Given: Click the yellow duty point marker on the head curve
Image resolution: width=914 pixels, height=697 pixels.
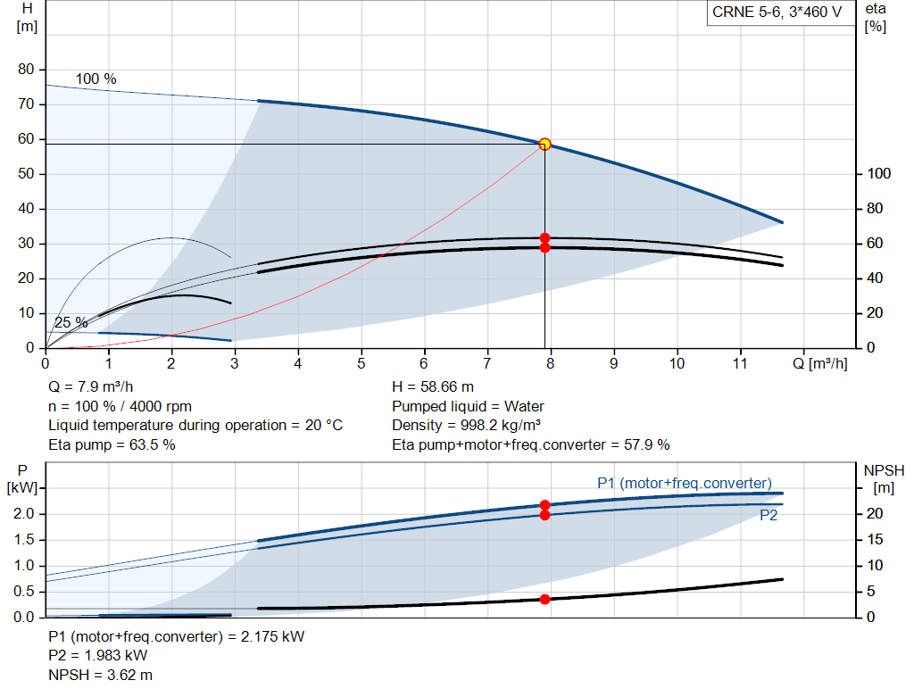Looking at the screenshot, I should [544, 144].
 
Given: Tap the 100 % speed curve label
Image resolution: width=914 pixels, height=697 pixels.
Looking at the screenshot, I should [96, 79].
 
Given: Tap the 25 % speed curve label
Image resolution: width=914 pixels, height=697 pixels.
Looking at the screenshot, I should [71, 322].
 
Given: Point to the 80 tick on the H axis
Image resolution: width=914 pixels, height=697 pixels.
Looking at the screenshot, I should [25, 70].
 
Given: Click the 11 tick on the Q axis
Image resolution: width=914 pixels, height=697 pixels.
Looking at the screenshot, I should [740, 364].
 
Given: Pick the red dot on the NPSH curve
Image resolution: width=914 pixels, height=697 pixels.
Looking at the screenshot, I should [544, 599].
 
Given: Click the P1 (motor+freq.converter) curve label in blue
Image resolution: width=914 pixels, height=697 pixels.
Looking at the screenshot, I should [684, 483].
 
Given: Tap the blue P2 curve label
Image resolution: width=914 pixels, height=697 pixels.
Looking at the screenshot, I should [769, 515].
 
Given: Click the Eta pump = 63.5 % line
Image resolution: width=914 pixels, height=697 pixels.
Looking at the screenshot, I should [112, 444].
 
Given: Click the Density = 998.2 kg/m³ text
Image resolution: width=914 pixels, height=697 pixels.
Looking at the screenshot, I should [467, 425].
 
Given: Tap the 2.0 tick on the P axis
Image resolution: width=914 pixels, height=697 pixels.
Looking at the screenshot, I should [23, 514].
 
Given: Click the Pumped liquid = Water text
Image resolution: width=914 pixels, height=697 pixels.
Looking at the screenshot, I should [469, 406].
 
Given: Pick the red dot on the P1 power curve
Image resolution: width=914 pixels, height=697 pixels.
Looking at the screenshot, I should [544, 505].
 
